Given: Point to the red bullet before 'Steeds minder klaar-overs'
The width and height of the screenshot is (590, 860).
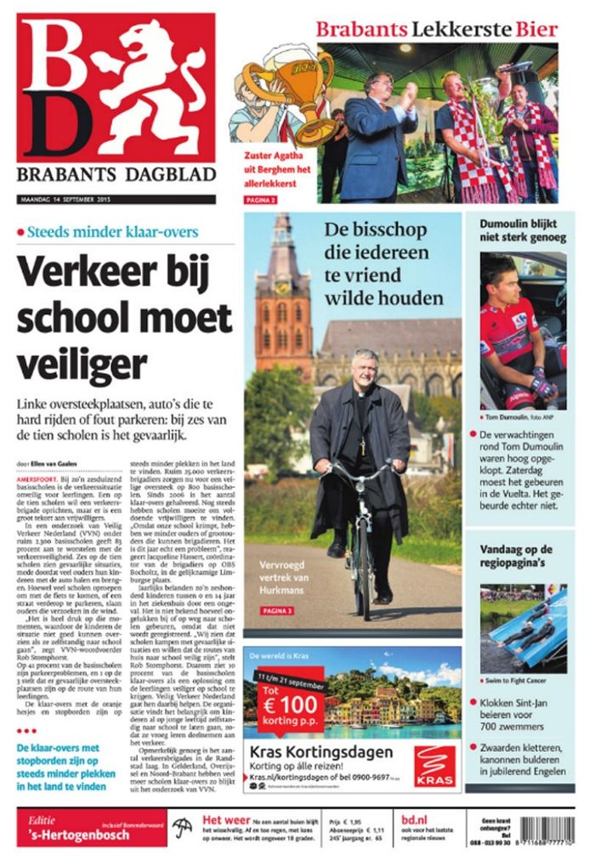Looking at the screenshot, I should [x=20, y=232].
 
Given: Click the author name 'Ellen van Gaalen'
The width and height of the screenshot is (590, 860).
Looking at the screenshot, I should [x=55, y=462].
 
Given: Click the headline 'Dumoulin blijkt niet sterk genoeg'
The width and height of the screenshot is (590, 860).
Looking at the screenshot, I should [x=522, y=231].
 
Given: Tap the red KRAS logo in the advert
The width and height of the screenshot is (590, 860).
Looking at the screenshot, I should [x=435, y=766].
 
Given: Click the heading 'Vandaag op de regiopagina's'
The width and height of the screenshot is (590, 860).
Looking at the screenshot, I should [x=516, y=557].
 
